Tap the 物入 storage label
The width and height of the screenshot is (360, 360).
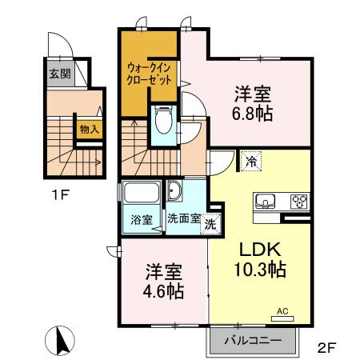88,129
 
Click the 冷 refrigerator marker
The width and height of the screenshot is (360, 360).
253,159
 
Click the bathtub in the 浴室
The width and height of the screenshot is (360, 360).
142,194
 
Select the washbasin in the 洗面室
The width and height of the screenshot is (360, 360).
175,193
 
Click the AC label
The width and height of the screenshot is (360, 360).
282,310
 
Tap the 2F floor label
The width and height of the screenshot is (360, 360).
326,349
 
